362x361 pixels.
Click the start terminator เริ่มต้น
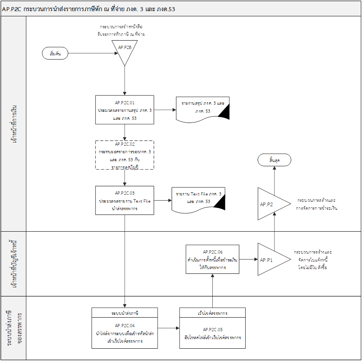coord(55,53)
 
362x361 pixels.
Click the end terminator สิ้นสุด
coord(274,160)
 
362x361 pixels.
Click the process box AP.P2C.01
coord(125,110)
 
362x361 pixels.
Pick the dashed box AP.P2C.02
coord(125,155)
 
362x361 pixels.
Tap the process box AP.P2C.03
coord(125,201)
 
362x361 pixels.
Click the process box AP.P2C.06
coord(212,259)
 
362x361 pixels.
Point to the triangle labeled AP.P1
coord(270,259)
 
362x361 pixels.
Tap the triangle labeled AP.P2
coord(270,204)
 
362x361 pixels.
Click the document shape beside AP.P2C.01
coord(203,109)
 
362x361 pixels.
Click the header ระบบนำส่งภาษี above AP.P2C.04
coord(125,312)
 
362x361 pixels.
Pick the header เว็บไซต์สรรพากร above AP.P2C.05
coord(212,312)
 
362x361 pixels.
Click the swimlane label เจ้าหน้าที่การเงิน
coord(14,124)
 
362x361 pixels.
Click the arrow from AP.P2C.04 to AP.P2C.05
coord(168,328)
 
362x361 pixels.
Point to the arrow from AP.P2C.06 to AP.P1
coord(249,259)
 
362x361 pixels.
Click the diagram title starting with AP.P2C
coord(89,9)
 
